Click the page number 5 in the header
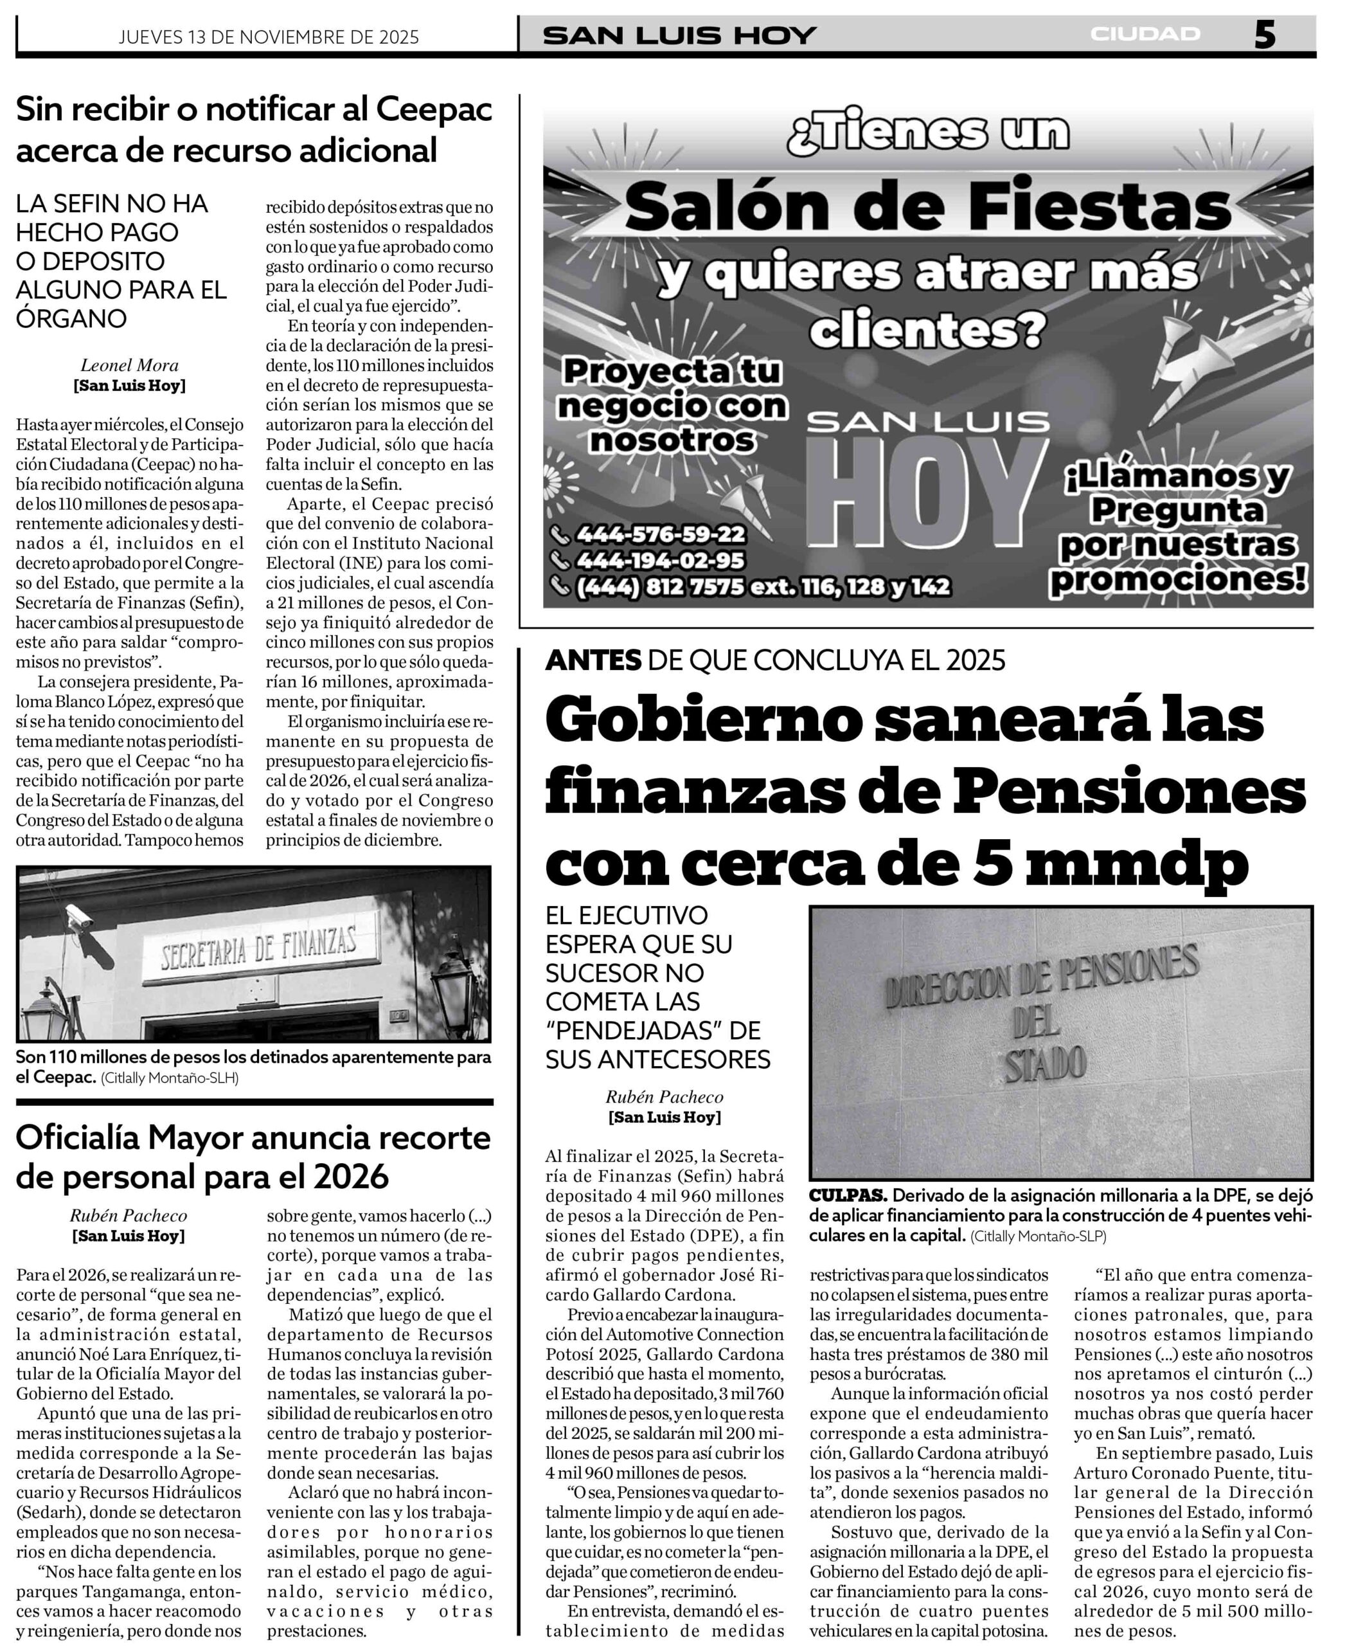(x=1264, y=35)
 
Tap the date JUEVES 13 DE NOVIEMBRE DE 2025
(x=269, y=37)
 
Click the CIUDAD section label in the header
(x=1145, y=35)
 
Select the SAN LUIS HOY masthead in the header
(x=679, y=36)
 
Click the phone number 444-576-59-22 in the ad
(x=660, y=534)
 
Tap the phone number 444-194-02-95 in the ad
(x=660, y=561)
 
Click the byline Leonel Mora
(x=129, y=365)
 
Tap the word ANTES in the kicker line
(x=593, y=661)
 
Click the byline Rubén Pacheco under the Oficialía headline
(x=129, y=1216)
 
